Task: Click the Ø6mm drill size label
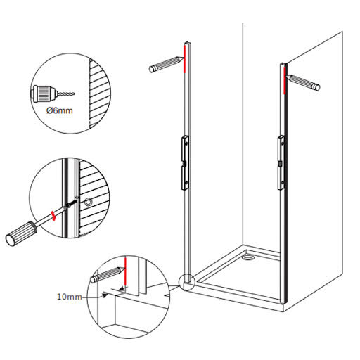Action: [x=60, y=110]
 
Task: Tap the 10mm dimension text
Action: [x=70, y=297]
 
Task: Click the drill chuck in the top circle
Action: [x=44, y=94]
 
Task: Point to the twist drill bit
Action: [x=65, y=94]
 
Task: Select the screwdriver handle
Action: [x=21, y=233]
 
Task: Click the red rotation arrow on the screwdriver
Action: [x=53, y=216]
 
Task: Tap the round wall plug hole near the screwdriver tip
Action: [x=88, y=202]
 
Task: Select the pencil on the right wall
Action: [x=302, y=82]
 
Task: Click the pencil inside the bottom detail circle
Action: [x=108, y=275]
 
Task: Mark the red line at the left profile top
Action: [x=185, y=59]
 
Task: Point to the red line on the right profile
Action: [x=285, y=80]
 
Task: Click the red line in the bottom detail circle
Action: [x=125, y=271]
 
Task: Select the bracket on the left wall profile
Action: [x=185, y=162]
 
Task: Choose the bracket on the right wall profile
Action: [x=281, y=162]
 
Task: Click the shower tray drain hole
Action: [x=248, y=257]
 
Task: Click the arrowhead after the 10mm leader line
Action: [x=105, y=295]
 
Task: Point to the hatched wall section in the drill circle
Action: [x=99, y=94]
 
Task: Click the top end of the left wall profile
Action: [x=188, y=43]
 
